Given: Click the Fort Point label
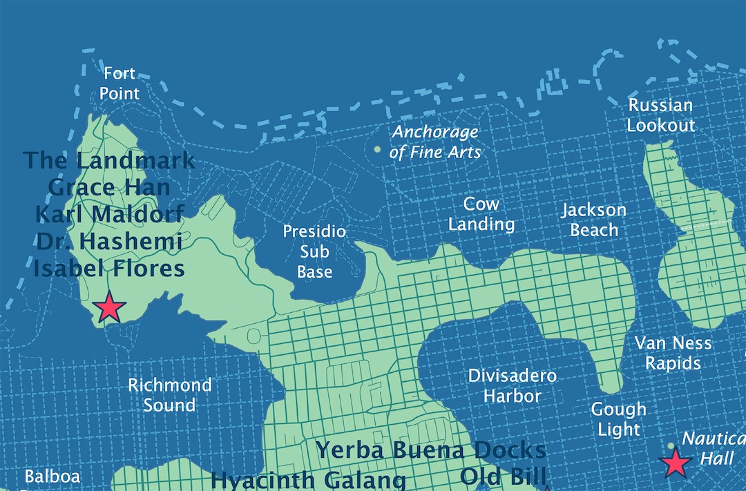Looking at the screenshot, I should point(119,83).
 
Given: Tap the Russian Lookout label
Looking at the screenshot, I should point(660,115).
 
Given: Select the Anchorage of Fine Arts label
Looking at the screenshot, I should point(434,142).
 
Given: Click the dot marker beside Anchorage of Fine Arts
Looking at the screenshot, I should point(377,149).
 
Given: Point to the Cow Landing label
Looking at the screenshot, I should point(481,214).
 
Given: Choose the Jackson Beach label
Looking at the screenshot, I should point(593,220).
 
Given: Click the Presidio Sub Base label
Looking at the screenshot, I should point(314,251).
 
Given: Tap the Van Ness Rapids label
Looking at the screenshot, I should point(673,353).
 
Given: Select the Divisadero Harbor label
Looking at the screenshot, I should point(512,386).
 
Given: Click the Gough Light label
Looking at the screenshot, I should point(618,419).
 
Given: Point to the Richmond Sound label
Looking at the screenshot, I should point(169,395).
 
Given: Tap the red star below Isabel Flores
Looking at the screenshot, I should point(109,308).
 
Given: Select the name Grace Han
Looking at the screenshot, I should point(109,187).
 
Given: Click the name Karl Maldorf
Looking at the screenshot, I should point(109,214).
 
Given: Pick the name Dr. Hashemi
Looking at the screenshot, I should point(109,242).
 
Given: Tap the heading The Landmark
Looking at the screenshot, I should point(109,160).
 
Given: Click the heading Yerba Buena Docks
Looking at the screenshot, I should point(431,450).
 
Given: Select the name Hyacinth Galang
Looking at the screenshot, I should point(308,479).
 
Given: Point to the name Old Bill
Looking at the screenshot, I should point(503,476).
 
